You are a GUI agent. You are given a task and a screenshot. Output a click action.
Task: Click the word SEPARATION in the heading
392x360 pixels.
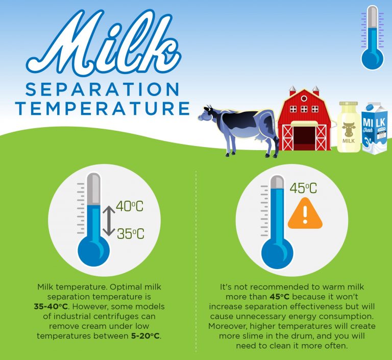tap(102, 90)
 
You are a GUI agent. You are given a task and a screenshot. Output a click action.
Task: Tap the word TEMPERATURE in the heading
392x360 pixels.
tap(102, 108)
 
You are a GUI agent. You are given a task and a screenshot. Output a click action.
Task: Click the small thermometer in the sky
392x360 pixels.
tap(372, 38)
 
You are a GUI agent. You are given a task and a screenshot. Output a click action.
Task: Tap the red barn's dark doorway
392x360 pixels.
tap(305, 138)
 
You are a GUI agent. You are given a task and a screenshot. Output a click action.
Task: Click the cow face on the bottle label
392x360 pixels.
tap(349, 128)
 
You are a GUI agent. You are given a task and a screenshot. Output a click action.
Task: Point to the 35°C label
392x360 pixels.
tap(131, 234)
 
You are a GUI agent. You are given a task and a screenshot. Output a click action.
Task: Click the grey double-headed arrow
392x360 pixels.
tap(108, 221)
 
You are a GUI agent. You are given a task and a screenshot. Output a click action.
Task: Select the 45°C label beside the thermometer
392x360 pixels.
tap(303, 188)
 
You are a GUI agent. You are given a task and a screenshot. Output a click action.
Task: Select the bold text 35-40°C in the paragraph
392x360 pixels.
tap(50, 306)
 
